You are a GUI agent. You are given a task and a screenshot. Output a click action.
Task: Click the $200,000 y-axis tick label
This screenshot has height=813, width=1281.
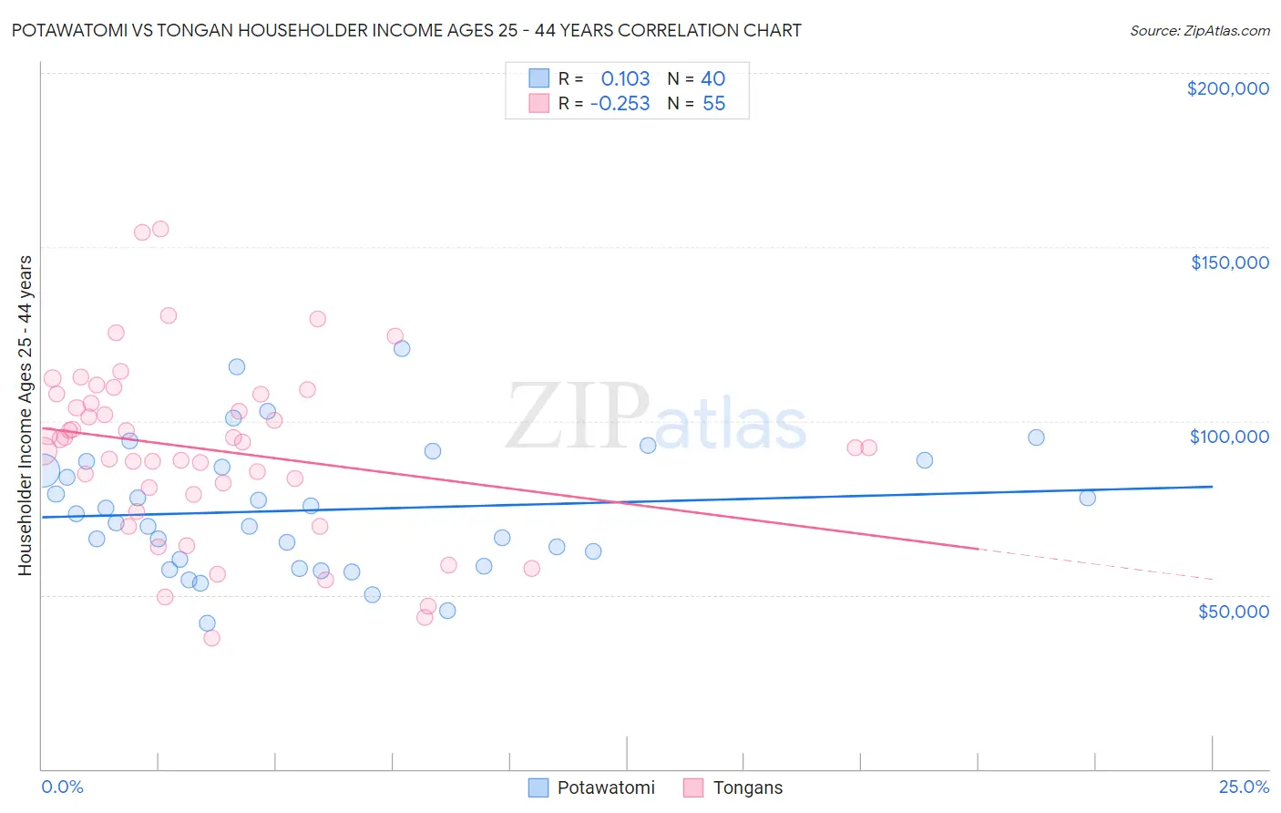1227,88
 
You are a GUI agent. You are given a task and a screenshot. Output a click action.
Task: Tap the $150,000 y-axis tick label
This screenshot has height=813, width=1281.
1229,262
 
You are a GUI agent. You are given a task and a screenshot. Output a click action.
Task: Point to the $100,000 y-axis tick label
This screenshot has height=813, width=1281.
1229,437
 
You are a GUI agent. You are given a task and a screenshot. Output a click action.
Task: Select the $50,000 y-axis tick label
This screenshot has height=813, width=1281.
1233,611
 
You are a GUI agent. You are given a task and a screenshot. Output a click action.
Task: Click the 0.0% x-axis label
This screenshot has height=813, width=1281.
62,787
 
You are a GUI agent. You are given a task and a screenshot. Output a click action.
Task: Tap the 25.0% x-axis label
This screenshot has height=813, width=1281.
1244,787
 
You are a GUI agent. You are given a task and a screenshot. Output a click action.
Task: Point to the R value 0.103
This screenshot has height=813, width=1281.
625,78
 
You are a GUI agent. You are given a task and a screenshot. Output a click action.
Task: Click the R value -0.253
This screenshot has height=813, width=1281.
620,104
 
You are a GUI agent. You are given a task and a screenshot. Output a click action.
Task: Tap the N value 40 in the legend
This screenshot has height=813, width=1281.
712,78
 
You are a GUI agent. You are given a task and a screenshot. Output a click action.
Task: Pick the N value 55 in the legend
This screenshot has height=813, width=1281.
713,104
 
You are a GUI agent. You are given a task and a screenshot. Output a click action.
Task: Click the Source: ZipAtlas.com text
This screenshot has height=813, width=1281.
1199,30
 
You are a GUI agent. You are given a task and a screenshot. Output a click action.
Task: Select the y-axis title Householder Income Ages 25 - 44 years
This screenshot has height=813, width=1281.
25,415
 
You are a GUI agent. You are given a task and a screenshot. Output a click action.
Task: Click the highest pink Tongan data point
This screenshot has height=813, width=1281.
160,229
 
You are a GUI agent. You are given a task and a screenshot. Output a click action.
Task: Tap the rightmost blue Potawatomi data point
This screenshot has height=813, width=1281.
1087,498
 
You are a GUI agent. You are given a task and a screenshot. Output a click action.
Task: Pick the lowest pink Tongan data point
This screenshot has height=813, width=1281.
211,638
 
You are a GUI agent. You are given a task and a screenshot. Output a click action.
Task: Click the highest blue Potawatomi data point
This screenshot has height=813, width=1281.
402,348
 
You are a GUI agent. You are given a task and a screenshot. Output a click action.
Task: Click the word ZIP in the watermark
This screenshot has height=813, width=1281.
577,417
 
